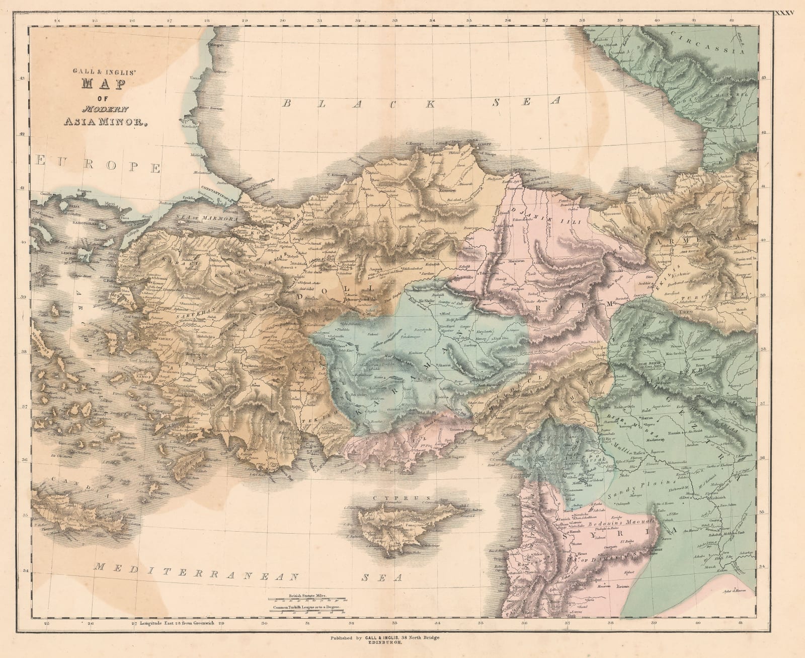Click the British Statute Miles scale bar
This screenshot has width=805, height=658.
pyautogui.click(x=307, y=599)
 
